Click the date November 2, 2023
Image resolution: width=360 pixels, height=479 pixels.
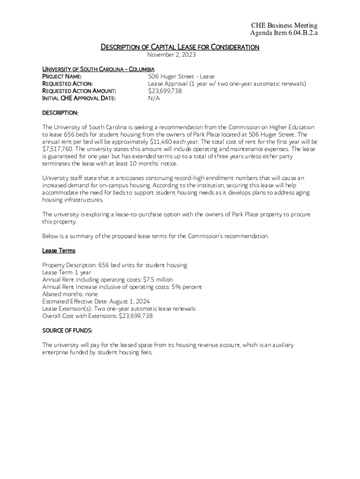tap(180, 55)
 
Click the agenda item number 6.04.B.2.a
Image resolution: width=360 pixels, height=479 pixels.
tap(298, 33)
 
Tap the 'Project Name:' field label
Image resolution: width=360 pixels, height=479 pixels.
tap(62, 76)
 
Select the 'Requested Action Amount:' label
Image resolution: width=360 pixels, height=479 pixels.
tap(79, 91)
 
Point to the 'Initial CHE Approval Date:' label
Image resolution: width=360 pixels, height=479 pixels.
tap(79, 98)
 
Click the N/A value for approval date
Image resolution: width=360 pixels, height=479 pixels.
tap(154, 98)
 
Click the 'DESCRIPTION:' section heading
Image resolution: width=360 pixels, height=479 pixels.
tap(60, 113)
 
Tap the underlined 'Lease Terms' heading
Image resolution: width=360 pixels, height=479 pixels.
tap(59, 251)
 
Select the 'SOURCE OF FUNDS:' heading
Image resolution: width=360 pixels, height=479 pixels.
tap(67, 331)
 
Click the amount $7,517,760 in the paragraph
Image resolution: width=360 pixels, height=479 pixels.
tap(58, 149)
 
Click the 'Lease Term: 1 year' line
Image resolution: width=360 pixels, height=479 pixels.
tap(67, 272)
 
